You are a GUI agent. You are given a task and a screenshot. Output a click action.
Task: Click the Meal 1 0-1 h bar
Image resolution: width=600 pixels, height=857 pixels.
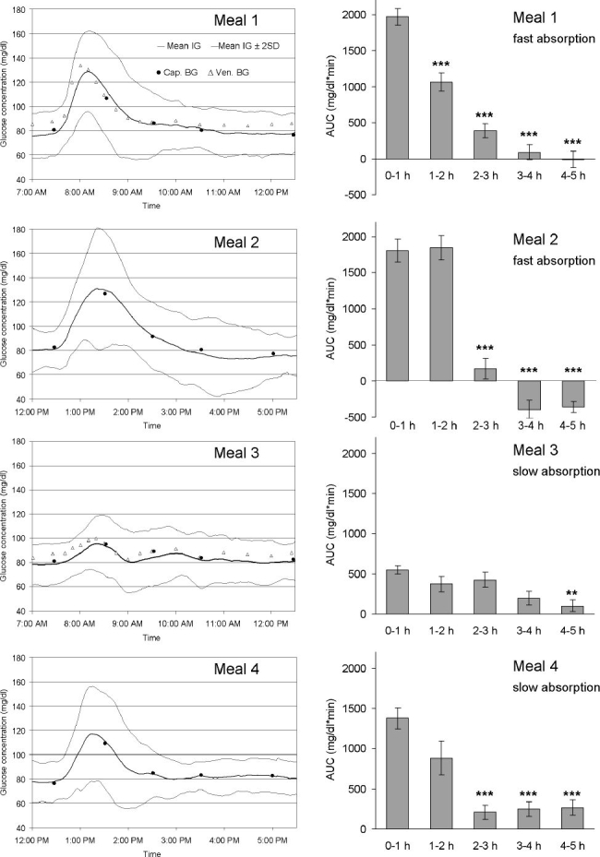pos(398,88)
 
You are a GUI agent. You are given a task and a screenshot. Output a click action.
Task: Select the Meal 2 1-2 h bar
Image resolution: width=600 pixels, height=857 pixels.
pos(441,315)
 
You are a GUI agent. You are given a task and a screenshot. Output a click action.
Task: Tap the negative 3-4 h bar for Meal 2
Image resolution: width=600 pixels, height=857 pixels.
pos(529,395)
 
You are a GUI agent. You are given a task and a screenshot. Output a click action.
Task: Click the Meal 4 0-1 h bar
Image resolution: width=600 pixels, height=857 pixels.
pos(398,773)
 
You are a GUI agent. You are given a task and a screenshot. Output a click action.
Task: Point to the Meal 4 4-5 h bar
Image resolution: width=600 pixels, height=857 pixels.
pos(572,818)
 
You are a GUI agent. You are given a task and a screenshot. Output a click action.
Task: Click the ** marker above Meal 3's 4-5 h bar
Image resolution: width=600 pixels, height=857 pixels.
pos(572,593)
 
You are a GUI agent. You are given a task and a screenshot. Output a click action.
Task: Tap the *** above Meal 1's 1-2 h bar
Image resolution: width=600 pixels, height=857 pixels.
pos(441,65)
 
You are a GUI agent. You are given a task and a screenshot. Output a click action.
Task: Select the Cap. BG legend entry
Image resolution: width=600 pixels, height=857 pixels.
pos(176,72)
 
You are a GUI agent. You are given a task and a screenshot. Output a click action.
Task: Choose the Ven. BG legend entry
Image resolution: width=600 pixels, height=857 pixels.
pos(229,72)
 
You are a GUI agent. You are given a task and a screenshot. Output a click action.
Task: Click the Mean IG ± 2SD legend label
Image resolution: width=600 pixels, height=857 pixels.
pos(245,46)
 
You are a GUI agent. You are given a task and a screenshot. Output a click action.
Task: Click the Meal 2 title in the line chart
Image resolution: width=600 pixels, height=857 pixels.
pos(236,242)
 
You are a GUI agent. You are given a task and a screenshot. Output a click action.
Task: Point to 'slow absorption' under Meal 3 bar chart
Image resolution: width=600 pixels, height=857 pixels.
pos(556,471)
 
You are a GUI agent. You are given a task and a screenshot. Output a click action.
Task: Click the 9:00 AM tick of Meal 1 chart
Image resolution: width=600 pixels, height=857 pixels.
pos(128,192)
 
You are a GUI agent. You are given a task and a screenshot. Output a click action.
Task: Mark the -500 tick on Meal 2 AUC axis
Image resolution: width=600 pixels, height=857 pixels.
pos(358,417)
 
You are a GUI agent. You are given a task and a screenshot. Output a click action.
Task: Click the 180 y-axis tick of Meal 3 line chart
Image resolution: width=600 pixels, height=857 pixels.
pos(20,442)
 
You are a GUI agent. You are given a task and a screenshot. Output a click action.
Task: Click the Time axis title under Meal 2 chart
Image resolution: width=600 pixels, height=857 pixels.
pos(152,426)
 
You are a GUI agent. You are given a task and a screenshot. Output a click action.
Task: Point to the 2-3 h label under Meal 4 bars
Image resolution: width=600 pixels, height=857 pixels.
pos(486,846)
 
